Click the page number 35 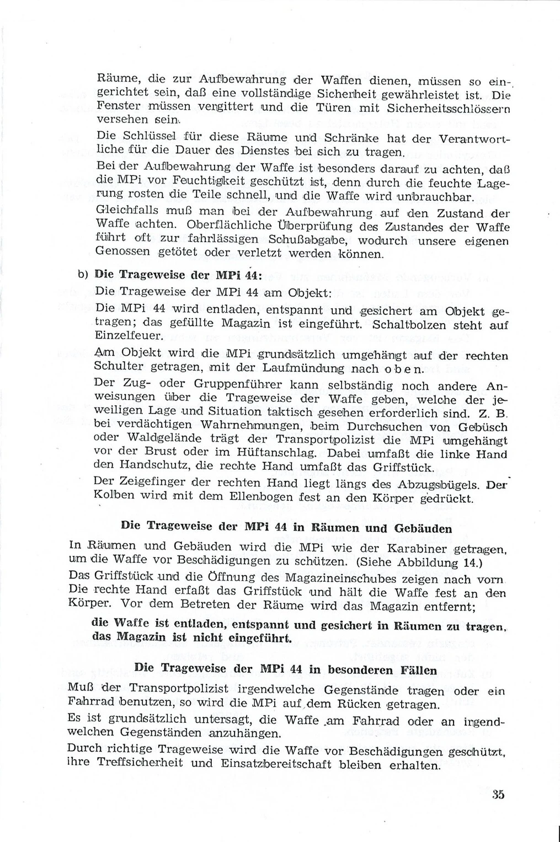[498, 795]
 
